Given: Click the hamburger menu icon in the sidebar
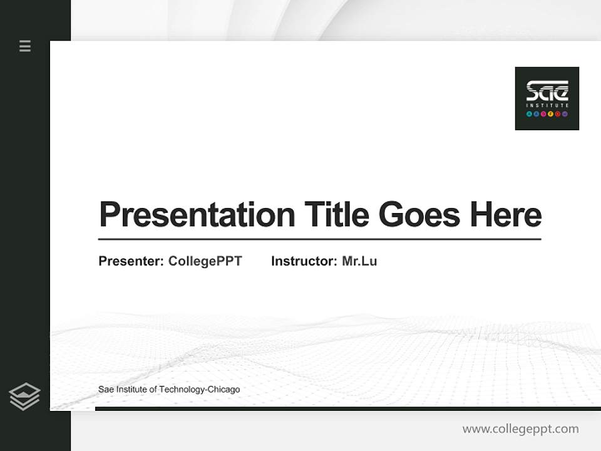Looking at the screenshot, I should click(x=25, y=46).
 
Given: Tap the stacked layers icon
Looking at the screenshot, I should click(x=24, y=397).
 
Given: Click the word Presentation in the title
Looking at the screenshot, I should click(x=197, y=215).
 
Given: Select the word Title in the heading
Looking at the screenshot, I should click(x=336, y=215).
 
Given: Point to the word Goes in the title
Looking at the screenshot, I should click(x=419, y=215).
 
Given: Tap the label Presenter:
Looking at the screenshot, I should click(x=131, y=261).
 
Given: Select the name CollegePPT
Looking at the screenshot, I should click(x=205, y=261).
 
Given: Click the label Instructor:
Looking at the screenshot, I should click(x=304, y=261).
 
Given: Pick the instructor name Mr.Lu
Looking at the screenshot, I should click(x=359, y=261).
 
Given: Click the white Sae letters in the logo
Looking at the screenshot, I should click(x=547, y=91).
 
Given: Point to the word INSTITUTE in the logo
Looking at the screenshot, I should click(x=547, y=105).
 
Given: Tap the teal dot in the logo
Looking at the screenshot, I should click(x=529, y=114).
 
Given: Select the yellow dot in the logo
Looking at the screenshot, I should click(x=550, y=114).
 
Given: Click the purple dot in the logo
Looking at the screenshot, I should click(x=565, y=114).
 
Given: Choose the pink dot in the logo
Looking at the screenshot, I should click(x=543, y=114).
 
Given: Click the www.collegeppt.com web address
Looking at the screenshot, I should click(x=520, y=429).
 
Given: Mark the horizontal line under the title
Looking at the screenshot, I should click(x=319, y=239).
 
